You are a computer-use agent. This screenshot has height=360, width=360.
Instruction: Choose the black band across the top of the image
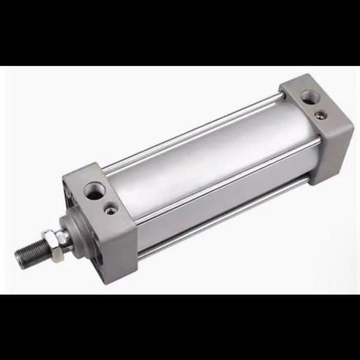[x=180, y=33]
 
